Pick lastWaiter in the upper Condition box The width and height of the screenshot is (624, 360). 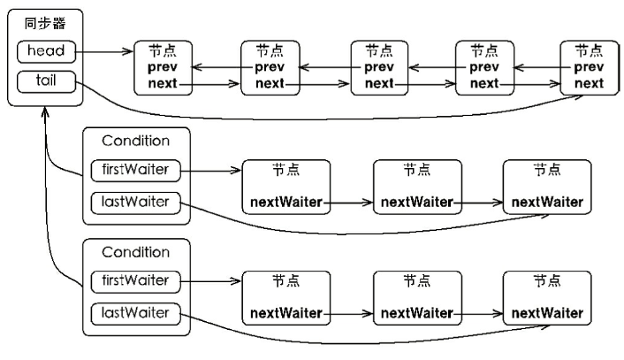[134, 203]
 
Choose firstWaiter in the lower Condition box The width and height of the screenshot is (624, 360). [134, 280]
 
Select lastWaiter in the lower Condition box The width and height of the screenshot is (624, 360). [134, 313]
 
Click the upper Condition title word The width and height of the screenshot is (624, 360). [135, 141]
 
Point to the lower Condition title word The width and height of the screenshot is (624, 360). [135, 252]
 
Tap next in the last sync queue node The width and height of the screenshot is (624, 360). [590, 84]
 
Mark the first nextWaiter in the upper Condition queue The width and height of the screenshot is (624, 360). [285, 203]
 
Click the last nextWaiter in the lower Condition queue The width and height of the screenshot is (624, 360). [546, 314]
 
